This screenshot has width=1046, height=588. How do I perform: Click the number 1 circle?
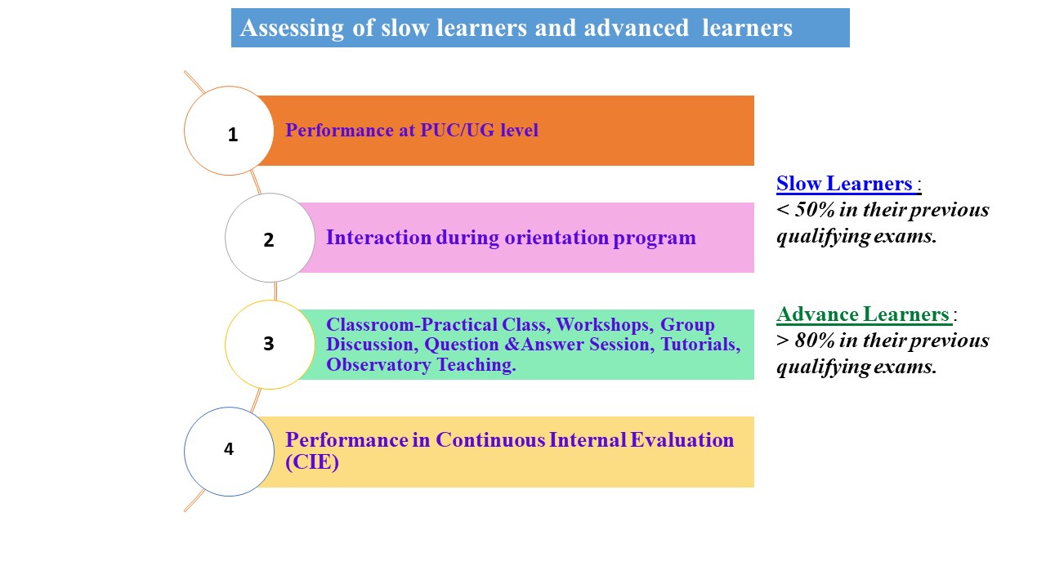point(230,131)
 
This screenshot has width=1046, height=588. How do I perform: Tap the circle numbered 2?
point(270,238)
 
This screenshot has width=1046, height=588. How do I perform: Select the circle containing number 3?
point(270,345)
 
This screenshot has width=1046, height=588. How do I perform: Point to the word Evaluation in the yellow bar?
point(682,440)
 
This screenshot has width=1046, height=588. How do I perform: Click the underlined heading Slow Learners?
point(844,184)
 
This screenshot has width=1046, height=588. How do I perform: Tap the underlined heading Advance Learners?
point(863,314)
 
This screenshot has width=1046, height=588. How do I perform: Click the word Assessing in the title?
point(292,29)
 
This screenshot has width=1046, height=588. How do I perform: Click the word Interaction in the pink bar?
point(378,238)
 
